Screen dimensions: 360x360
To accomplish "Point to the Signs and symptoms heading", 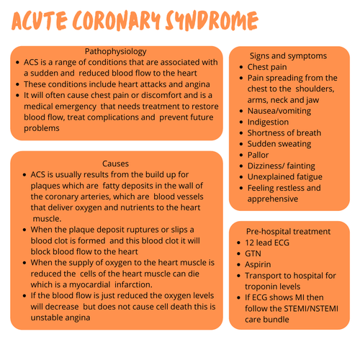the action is [x=289, y=55].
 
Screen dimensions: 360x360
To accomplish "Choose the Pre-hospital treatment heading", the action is [x=289, y=231].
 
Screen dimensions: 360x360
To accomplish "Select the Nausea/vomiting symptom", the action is [x=281, y=111].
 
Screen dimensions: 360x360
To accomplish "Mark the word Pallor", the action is [x=260, y=155].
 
